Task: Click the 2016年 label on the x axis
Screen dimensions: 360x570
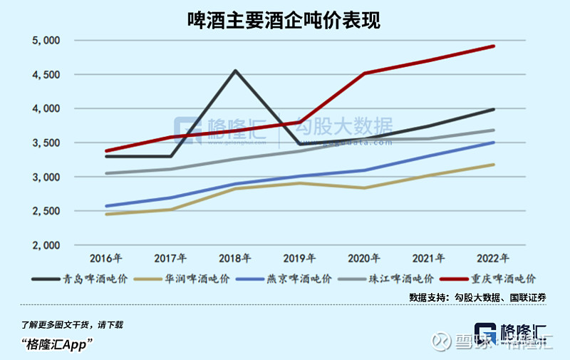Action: pyautogui.click(x=105, y=258)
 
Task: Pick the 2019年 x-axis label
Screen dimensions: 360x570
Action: pyautogui.click(x=300, y=258)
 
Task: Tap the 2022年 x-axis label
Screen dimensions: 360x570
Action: pyautogui.click(x=492, y=258)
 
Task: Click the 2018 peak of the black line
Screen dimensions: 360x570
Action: pyautogui.click(x=235, y=71)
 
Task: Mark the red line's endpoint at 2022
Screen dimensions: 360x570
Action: pyautogui.click(x=494, y=46)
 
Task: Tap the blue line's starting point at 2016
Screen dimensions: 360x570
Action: pyautogui.click(x=106, y=206)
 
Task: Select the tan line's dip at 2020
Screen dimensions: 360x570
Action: pyautogui.click(x=365, y=188)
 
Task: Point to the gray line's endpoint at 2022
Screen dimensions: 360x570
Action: pyautogui.click(x=494, y=130)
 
